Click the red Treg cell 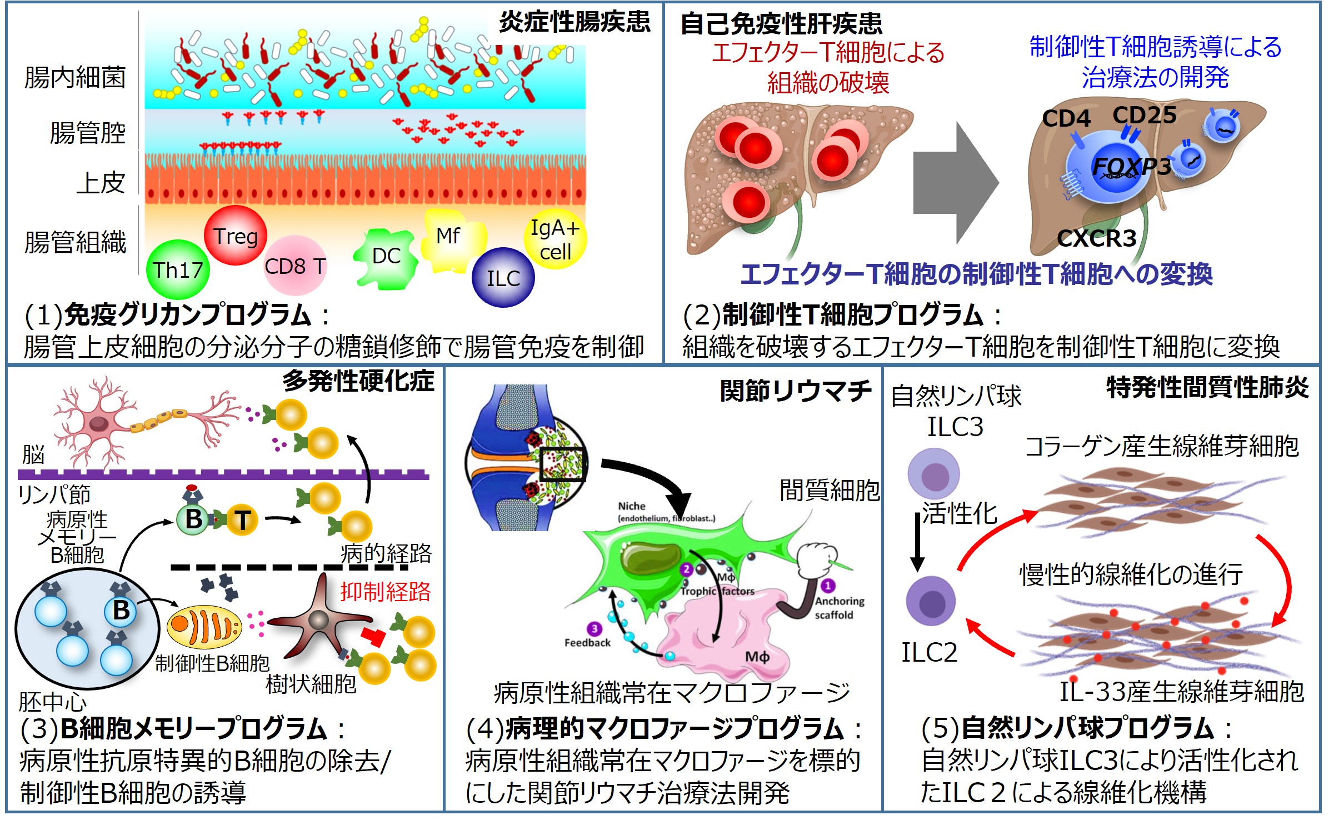(236, 236)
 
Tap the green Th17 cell (178, 270)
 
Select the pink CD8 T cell (295, 266)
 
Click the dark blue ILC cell (503, 278)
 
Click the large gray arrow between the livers (955, 183)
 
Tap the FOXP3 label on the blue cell (1131, 166)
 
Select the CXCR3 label (1097, 238)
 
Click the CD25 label (1145, 115)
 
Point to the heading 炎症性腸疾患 (574, 22)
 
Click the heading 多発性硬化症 (358, 381)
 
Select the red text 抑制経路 (386, 592)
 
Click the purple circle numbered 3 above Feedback (594, 629)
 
